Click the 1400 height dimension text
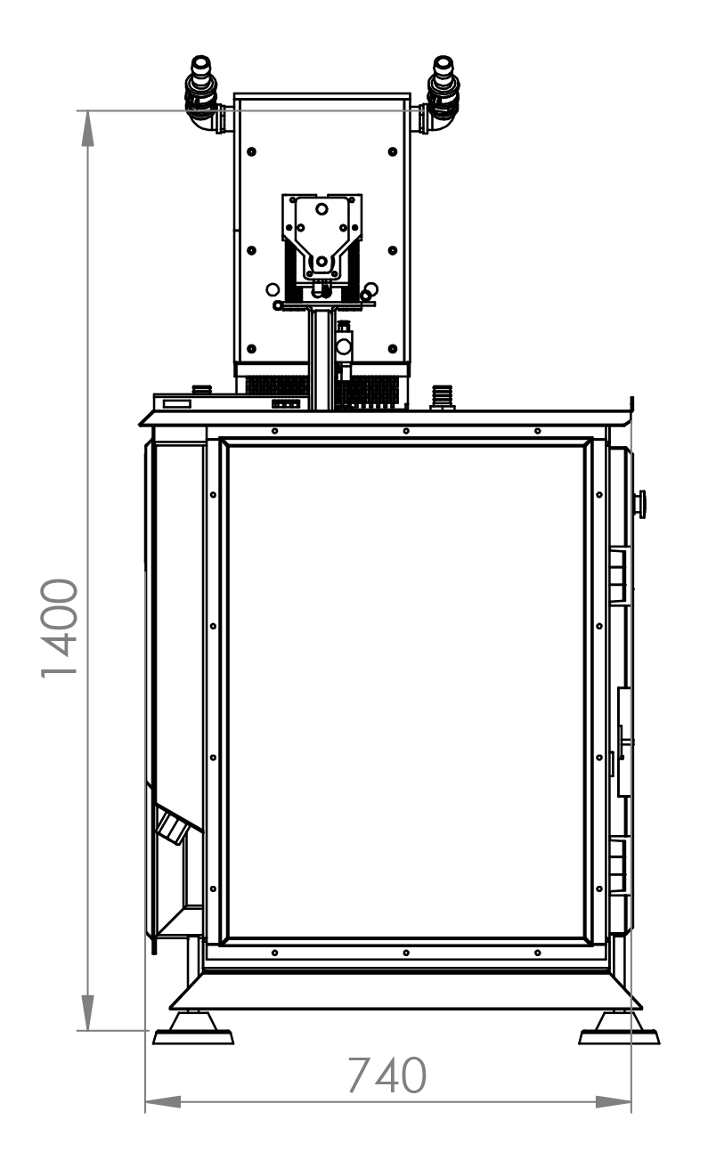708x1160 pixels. coord(59,628)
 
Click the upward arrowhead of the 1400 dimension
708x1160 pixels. coord(88,128)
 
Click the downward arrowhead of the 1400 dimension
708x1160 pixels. coord(88,1012)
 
